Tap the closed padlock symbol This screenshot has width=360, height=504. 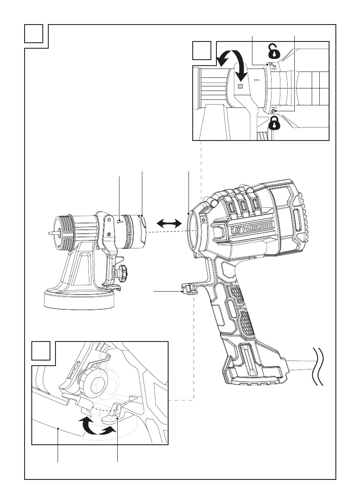[x=274, y=123]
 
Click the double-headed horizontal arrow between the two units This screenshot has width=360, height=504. [x=169, y=223]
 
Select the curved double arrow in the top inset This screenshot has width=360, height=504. [x=232, y=65]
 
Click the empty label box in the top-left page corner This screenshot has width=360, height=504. [x=34, y=34]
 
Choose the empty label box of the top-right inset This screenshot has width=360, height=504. [x=202, y=50]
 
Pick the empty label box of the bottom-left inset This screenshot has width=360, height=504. [x=41, y=351]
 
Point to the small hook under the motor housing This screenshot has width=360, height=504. [x=189, y=288]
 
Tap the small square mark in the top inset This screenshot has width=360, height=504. [x=240, y=86]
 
